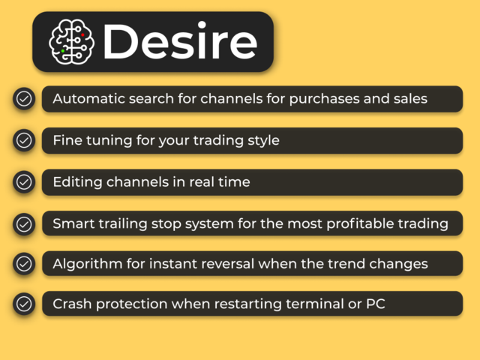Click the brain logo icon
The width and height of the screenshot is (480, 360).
(71, 42)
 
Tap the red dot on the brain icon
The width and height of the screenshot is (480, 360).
(82, 35)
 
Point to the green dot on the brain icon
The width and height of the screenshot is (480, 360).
(63, 51)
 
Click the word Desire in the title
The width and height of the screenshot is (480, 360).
(180, 42)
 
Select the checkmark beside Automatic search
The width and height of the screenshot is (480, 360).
(24, 99)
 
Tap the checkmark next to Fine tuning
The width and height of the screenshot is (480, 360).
(24, 140)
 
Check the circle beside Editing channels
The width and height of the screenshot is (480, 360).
(24, 182)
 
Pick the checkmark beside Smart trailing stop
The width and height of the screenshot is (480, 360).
(24, 224)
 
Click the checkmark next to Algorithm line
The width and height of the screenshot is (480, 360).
(24, 264)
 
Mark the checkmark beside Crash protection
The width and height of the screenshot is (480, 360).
(24, 304)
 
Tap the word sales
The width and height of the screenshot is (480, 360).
(410, 98)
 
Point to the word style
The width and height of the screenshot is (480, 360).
(263, 141)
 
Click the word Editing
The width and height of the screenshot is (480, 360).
(77, 182)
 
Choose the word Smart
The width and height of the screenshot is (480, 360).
(73, 223)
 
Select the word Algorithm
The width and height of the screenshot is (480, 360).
(88, 264)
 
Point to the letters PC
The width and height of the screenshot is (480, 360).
(376, 304)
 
